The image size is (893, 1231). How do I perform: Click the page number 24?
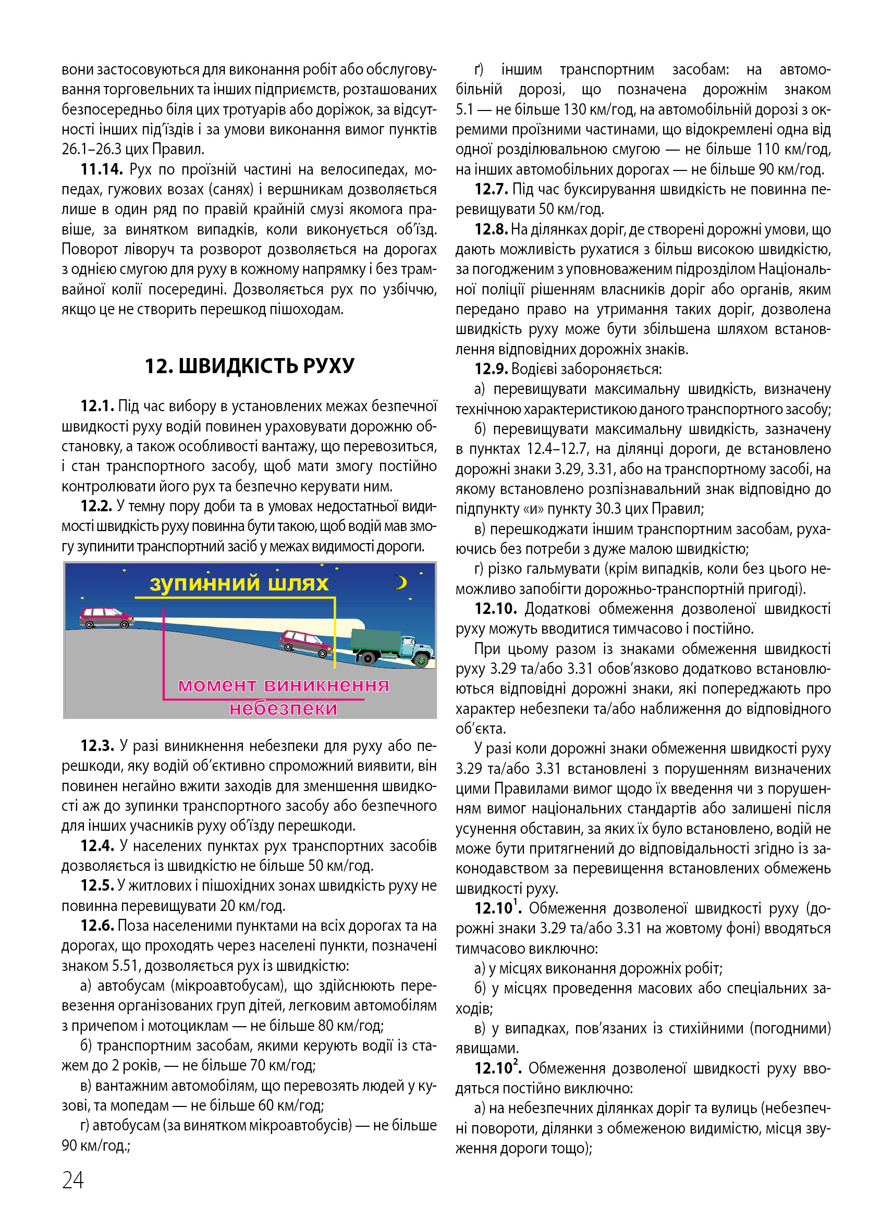coord(73,1180)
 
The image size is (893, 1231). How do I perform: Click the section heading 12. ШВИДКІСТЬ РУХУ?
coord(249,366)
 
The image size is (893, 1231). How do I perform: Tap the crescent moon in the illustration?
coord(401,582)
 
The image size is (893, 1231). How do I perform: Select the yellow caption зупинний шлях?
coord(239,584)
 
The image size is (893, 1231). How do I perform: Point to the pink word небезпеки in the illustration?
coord(283,708)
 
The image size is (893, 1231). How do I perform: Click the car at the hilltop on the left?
coord(106,617)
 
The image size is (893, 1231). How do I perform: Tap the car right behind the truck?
coord(305,643)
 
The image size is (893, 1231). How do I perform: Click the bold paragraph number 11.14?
coord(102,170)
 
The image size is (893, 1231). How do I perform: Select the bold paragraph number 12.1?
coord(97,406)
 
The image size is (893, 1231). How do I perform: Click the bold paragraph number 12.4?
coord(97,846)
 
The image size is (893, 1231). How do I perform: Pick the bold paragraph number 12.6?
coord(97,926)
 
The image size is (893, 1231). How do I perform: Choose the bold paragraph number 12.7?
coord(491,189)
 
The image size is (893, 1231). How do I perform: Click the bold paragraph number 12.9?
coord(491,369)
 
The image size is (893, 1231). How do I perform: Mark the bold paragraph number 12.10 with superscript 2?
coord(497,1068)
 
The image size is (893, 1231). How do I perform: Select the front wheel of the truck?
coord(420,660)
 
